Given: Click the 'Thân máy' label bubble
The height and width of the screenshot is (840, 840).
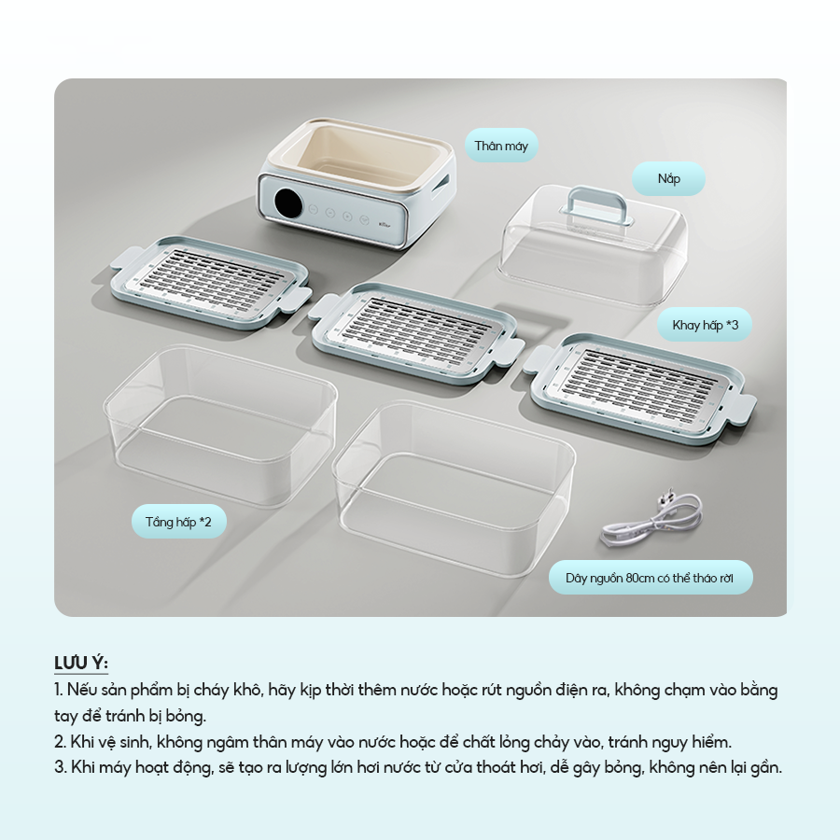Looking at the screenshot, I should coord(501,146).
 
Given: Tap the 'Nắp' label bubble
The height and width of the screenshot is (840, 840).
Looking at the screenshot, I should coord(668,178).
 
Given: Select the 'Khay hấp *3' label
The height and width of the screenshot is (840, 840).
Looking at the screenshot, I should coord(705,325).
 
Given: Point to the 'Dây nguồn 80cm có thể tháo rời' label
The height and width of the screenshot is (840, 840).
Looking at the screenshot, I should coord(650,578).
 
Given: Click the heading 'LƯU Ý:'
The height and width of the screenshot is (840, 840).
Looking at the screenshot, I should coord(81,664).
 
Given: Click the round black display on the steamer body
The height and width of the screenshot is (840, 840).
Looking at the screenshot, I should coord(288,202).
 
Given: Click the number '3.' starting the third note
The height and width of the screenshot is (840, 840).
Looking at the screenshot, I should coord(60,768).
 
